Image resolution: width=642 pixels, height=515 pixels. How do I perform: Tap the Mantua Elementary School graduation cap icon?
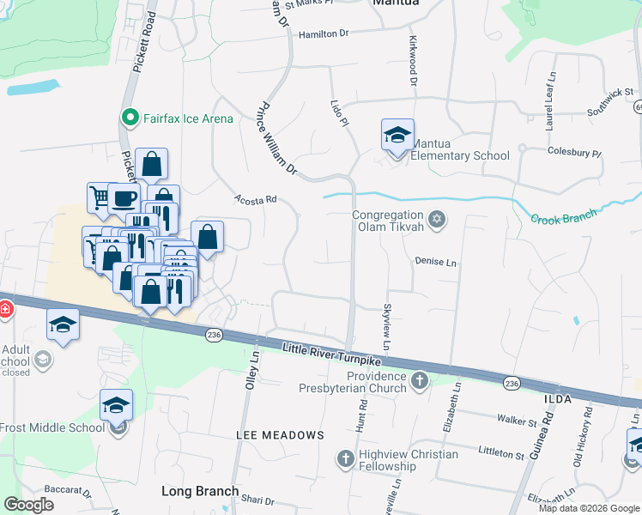point(397,135)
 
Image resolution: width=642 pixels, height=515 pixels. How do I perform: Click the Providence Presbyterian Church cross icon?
point(419,379)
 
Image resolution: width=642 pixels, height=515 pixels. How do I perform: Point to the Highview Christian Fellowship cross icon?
point(345,457)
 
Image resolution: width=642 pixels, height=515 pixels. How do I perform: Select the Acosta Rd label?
point(255,199)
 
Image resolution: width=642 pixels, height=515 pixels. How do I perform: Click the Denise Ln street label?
point(435,261)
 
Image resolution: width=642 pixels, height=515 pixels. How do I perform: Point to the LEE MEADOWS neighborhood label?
point(280,435)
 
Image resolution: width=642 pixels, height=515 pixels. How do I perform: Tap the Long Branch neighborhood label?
point(200,491)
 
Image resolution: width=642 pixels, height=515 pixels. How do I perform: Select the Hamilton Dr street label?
point(324,33)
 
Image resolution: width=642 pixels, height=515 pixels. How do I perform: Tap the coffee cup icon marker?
point(123,197)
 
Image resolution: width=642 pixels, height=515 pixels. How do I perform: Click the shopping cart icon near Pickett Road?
point(100,197)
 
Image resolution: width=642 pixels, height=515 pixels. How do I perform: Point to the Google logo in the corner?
point(28,505)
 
